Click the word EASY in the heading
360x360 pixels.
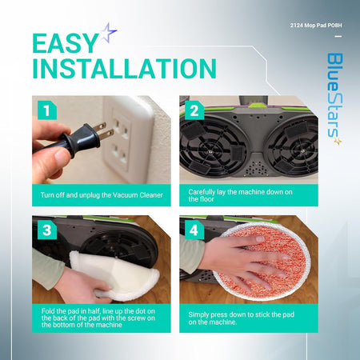pyautogui.click(x=66, y=43)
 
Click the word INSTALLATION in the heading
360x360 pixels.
pyautogui.click(x=124, y=69)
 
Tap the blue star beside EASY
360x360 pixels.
pyautogui.click(x=109, y=33)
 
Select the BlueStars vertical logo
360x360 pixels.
pyautogui.click(x=334, y=99)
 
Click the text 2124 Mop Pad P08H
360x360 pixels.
pyautogui.click(x=316, y=26)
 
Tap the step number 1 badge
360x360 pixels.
pyautogui.click(x=47, y=110)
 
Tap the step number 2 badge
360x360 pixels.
pyautogui.click(x=194, y=110)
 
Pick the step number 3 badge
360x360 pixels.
pyautogui.click(x=47, y=230)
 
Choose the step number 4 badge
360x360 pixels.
pyautogui.click(x=194, y=230)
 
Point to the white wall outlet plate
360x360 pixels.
pyautogui.click(x=128, y=138)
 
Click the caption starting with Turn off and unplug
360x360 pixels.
pyautogui.click(x=102, y=195)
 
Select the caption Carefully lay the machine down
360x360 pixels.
pyautogui.click(x=240, y=195)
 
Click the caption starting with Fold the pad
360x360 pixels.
pyautogui.click(x=98, y=318)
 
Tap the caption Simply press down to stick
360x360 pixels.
pyautogui.click(x=242, y=318)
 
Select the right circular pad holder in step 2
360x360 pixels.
pyautogui.click(x=293, y=148)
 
